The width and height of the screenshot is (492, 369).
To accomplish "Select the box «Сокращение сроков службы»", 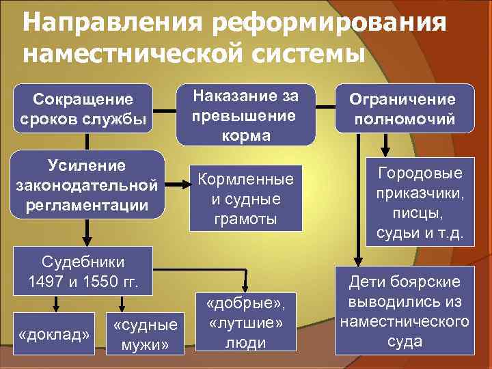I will coord(83,108).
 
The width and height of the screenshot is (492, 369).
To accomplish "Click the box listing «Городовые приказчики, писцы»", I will coord(419,204).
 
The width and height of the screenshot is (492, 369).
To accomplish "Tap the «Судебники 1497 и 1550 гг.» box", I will coord(83,269).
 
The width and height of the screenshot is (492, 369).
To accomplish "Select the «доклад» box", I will coord(55,335).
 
